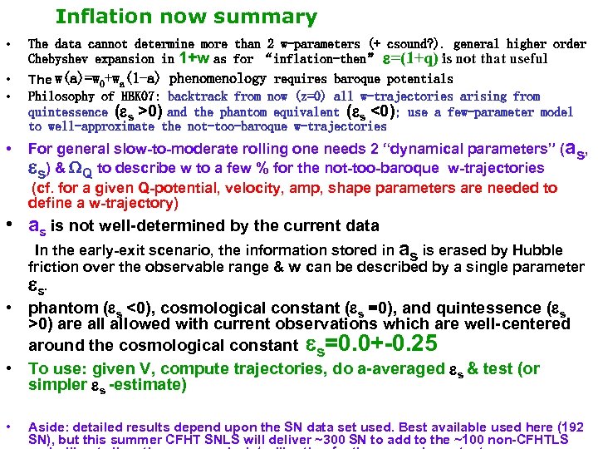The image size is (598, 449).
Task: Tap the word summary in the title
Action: (275, 17)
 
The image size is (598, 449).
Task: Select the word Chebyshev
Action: (61, 58)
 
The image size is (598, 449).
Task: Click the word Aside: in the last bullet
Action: (49, 427)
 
